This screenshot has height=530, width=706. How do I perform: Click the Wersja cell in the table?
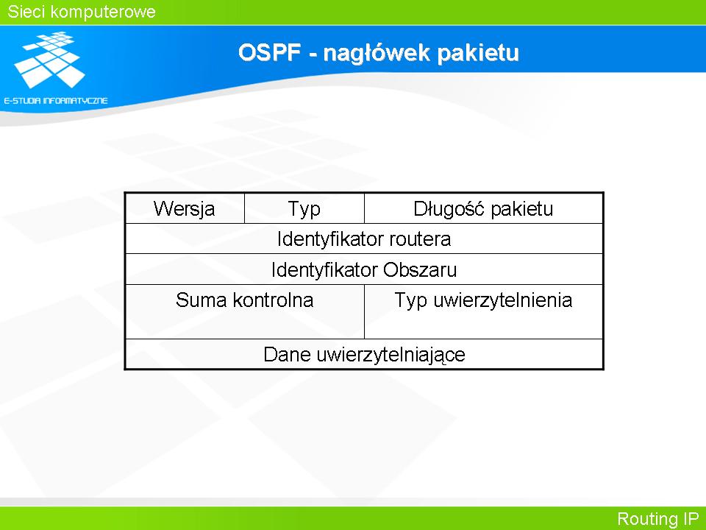(185, 208)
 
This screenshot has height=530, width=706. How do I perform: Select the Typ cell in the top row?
(304, 208)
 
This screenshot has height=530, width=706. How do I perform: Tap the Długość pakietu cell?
(483, 208)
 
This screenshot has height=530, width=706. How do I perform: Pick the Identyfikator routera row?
(364, 239)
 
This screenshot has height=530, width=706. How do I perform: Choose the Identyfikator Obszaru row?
(364, 269)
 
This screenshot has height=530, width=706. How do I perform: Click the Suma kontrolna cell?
(244, 311)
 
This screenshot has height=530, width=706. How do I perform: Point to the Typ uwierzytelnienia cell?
(483, 311)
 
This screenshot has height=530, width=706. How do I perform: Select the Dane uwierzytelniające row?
(364, 354)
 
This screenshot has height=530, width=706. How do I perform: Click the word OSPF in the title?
(269, 52)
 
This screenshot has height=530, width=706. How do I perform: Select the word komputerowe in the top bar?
(103, 13)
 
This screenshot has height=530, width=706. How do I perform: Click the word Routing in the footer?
(647, 519)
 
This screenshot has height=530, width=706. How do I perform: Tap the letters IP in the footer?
(691, 518)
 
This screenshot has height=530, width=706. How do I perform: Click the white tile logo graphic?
(49, 60)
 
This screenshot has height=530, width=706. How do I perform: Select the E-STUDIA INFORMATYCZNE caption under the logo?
(56, 101)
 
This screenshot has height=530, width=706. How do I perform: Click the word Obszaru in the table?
(420, 269)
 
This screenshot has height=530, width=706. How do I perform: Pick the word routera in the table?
(420, 239)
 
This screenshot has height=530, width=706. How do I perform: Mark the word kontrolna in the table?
(273, 300)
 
